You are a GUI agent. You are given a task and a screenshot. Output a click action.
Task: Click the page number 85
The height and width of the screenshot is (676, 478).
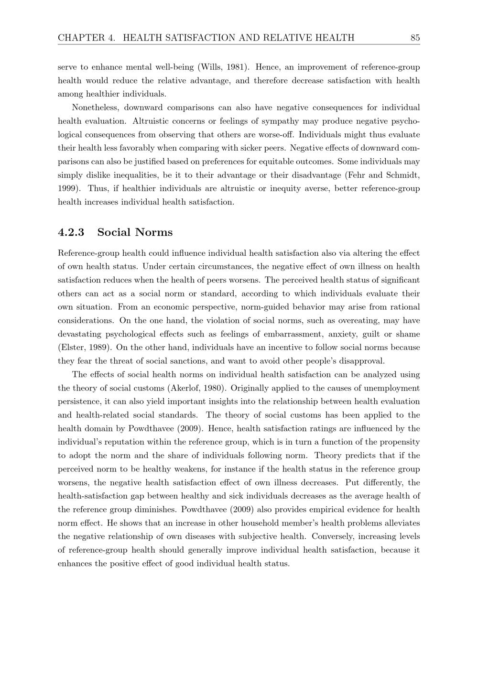coord(414,38)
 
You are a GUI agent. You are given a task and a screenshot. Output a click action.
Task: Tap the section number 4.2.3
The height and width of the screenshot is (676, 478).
coord(71,232)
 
